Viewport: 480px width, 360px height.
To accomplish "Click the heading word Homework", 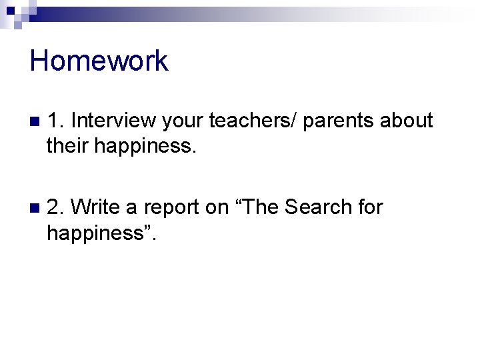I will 99,61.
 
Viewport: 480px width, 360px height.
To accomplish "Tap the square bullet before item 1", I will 35,122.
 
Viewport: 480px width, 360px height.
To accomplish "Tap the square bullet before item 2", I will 35,209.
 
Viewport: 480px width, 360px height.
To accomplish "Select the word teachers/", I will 254,121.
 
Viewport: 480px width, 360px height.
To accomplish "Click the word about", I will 406,121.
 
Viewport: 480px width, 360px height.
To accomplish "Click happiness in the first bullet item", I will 145,145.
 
